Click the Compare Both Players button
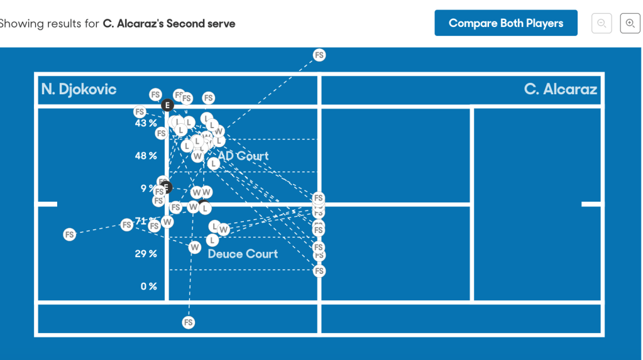point(505,23)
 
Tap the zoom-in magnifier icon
point(630,23)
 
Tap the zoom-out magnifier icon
point(602,23)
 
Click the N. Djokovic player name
point(79,89)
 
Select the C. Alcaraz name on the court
point(560,89)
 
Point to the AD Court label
point(244,156)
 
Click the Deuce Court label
point(243,254)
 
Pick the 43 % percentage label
point(145,123)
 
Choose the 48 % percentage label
point(145,156)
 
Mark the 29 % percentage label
point(145,254)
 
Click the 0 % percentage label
point(148,286)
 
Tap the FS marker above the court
point(319,55)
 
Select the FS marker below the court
point(188,322)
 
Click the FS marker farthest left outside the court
point(69,234)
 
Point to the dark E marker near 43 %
point(167,105)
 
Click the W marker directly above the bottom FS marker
point(195,247)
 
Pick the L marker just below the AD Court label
point(214,163)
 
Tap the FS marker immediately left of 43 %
point(140,112)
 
